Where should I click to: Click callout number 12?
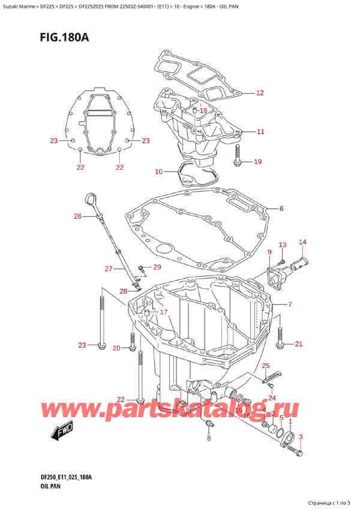[x=259, y=93]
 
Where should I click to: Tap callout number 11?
[x=259, y=131]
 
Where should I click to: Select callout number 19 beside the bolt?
[x=258, y=161]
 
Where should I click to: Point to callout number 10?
[x=158, y=172]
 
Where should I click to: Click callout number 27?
[x=109, y=268]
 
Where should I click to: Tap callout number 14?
[x=302, y=242]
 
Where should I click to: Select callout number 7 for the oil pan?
[x=290, y=304]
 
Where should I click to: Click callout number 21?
[x=298, y=344]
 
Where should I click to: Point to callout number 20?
[x=116, y=348]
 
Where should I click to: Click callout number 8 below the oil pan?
[x=208, y=439]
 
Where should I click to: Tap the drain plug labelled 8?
[x=208, y=424]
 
